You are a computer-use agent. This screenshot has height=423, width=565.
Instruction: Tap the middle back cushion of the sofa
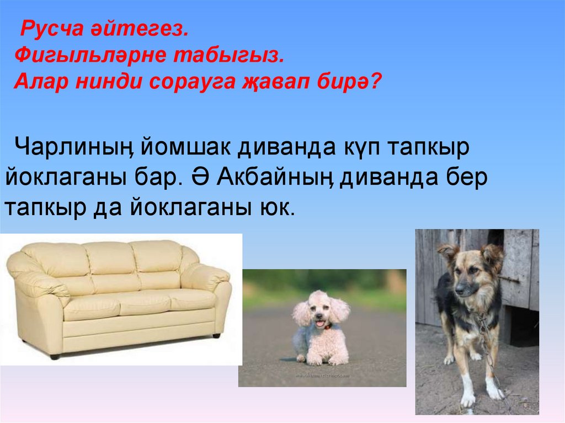pyautogui.click(x=110, y=259)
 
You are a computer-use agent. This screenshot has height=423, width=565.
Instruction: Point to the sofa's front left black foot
pyautogui.click(x=55, y=356)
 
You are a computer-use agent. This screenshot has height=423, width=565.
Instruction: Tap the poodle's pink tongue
pyautogui.click(x=319, y=324)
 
